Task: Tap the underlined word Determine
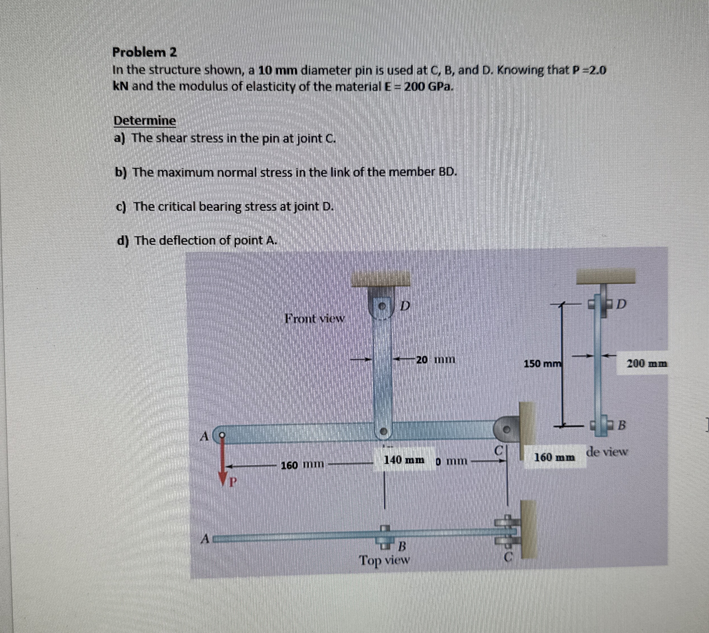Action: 145,121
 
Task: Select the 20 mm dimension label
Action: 435,360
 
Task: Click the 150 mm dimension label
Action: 542,364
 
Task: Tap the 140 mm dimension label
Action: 404,460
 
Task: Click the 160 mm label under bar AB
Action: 303,465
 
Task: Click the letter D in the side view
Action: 621,304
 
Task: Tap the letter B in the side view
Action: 622,425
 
